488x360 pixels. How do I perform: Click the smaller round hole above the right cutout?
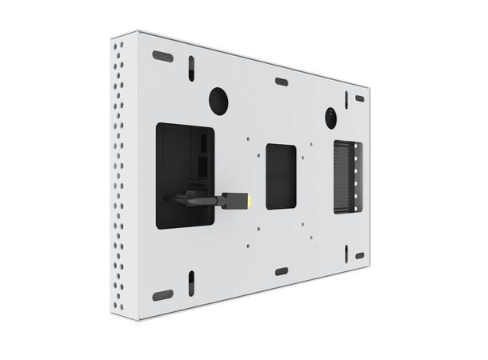coord(330,118)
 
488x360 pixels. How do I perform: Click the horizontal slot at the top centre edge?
coord(281,81)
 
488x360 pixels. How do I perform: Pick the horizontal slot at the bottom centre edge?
coord(281,272)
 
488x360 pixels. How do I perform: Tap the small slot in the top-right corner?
coord(359,98)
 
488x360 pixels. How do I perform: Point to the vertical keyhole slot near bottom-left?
coord(192,282)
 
